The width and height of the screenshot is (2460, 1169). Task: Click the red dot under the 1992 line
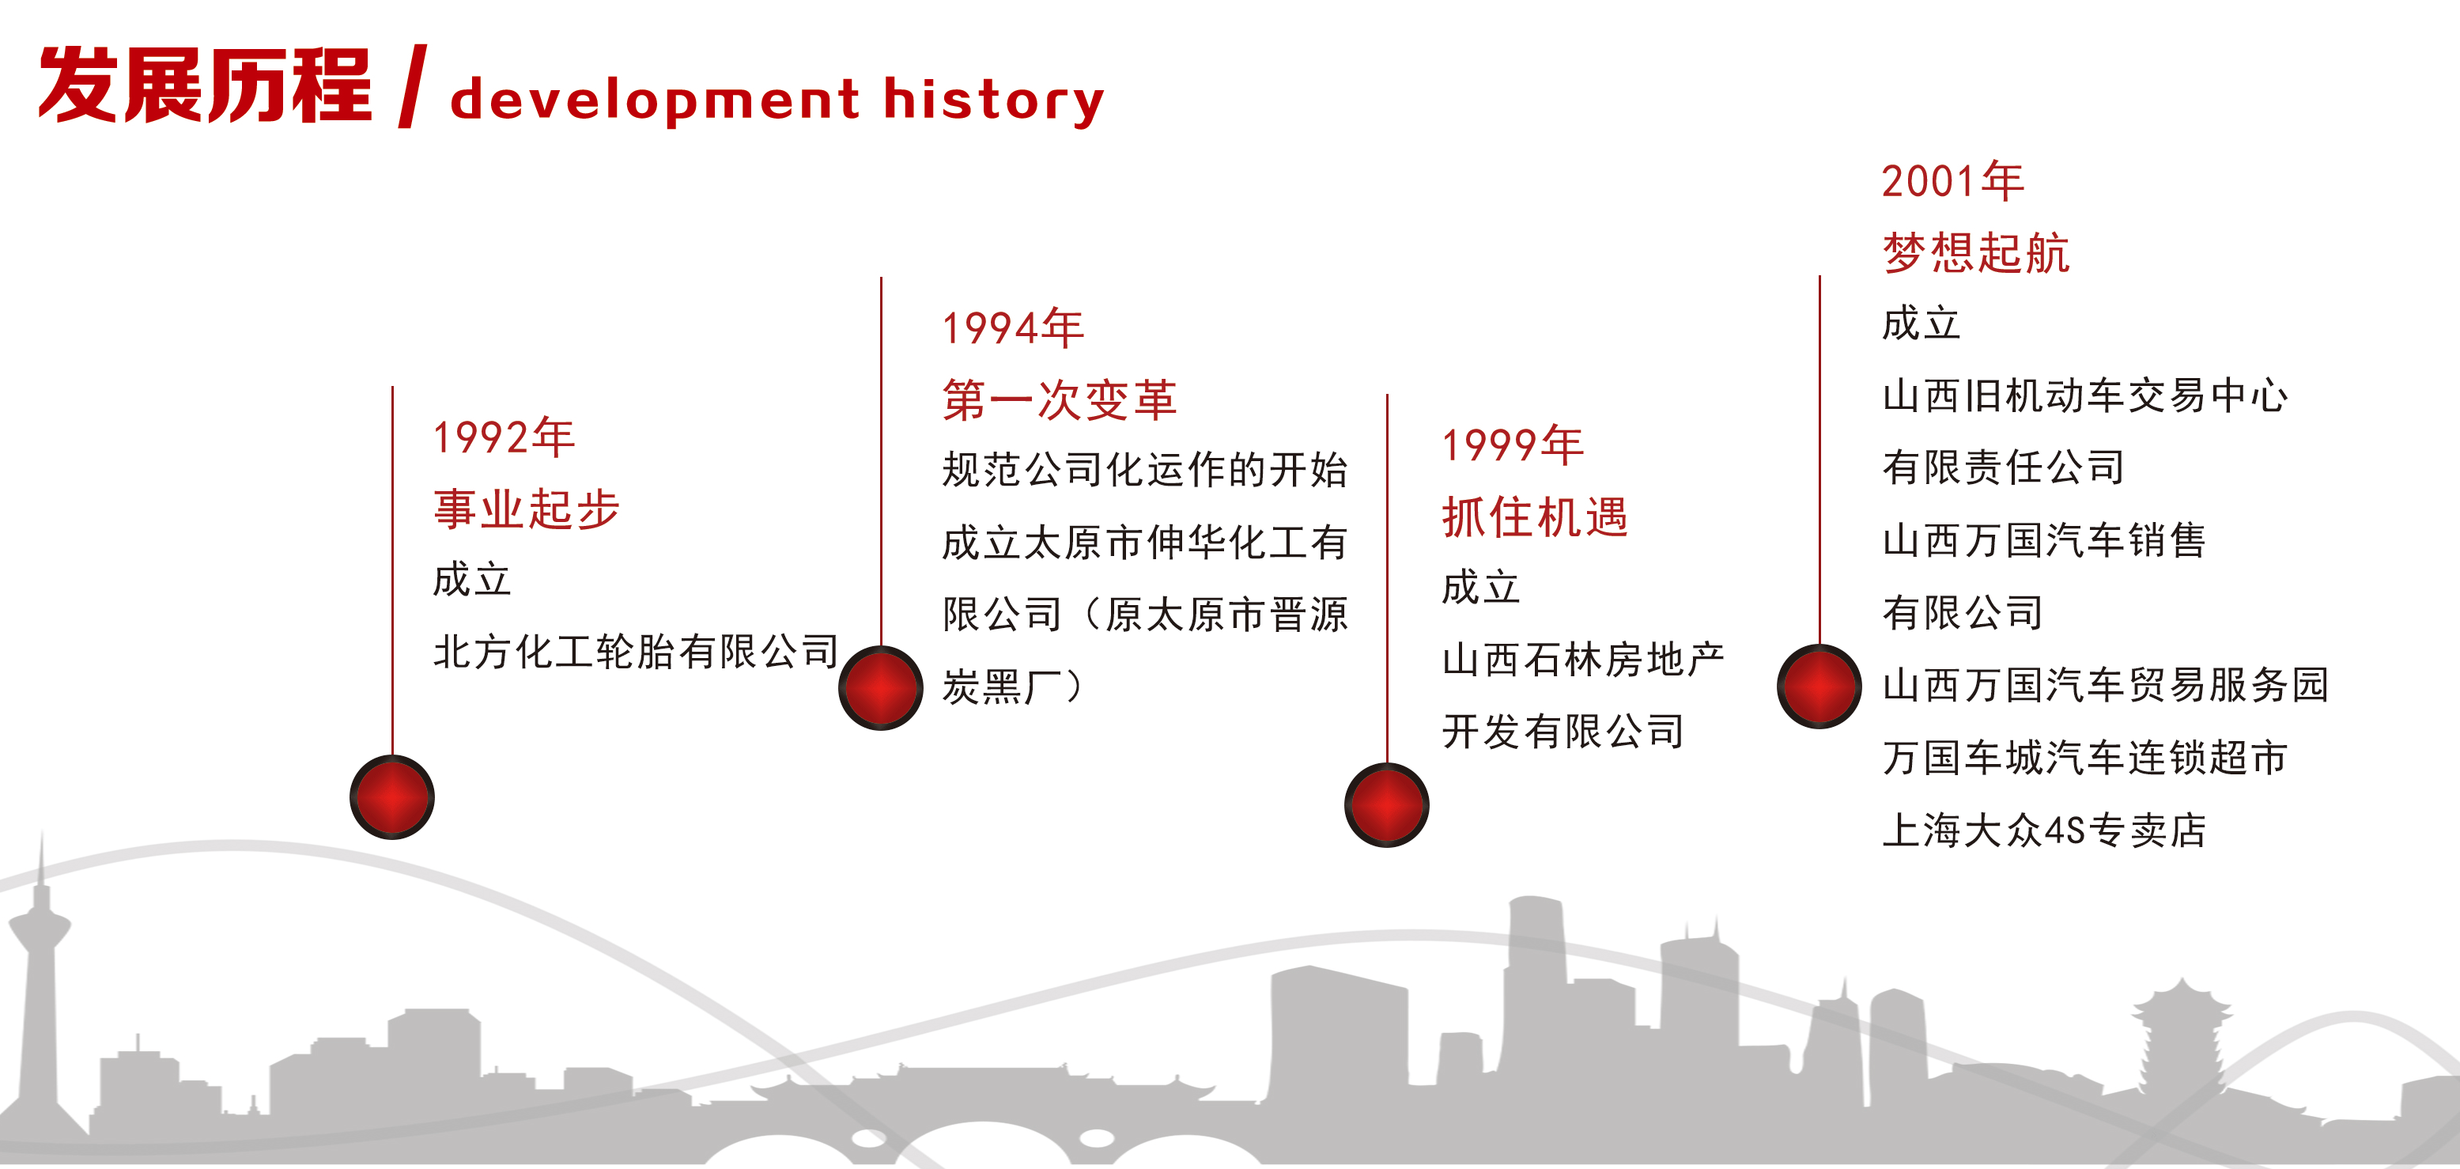point(391,796)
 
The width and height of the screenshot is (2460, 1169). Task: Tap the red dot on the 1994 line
point(880,687)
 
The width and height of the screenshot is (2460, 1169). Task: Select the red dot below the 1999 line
point(1387,804)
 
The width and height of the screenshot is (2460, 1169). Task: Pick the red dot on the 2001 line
point(1819,686)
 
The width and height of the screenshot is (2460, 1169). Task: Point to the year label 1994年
point(1013,327)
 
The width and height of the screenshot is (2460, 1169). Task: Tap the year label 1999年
point(1513,445)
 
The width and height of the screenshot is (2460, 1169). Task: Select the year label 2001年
point(1953,180)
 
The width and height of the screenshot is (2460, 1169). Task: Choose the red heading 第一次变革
point(1060,399)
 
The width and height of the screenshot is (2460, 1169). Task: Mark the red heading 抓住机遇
point(1535,516)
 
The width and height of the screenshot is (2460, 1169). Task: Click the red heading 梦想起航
point(1976,253)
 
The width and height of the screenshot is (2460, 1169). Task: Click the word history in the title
point(994,100)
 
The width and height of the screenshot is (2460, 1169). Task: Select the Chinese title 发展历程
point(204,86)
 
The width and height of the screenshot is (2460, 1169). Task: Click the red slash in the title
point(413,86)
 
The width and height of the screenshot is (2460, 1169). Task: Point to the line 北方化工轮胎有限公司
point(635,653)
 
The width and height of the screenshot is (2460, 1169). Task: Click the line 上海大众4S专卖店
point(2045,829)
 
